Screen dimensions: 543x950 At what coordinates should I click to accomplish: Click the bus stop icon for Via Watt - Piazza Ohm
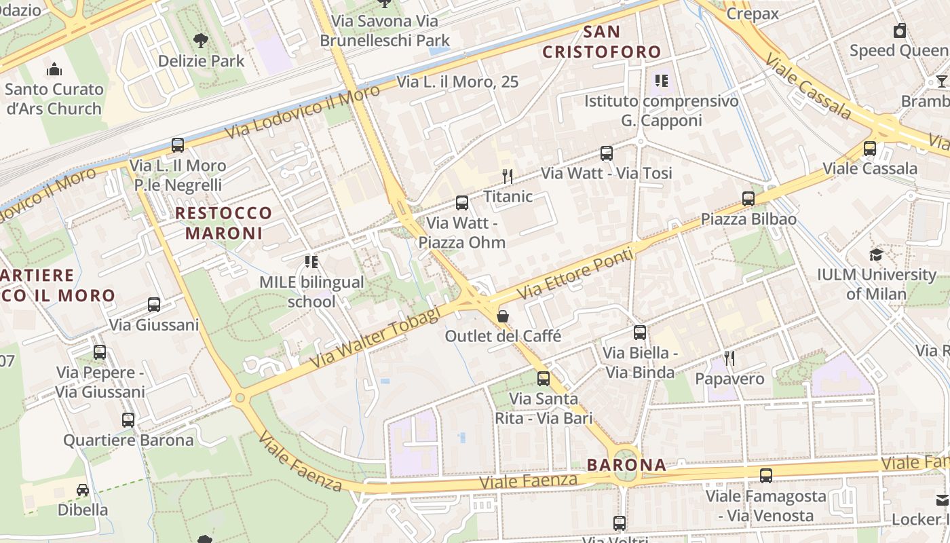pos(462,202)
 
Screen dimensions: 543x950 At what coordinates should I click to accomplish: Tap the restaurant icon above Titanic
pos(507,176)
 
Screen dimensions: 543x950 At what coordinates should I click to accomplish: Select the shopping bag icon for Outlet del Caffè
pos(503,316)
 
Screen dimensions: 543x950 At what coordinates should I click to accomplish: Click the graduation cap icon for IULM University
pos(877,255)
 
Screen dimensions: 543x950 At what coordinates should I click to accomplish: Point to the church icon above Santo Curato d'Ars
pos(54,69)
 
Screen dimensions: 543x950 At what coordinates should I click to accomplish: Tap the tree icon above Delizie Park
pos(200,41)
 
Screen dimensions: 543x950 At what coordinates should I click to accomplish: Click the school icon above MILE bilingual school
pos(311,262)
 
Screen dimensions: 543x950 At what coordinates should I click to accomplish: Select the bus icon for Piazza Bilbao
pos(748,199)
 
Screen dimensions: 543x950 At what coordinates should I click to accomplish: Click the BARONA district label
pos(626,465)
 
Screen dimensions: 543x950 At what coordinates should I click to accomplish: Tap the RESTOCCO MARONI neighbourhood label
pos(223,223)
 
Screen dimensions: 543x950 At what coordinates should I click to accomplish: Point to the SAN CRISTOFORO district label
pos(601,41)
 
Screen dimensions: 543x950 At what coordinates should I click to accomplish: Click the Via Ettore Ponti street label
pos(575,274)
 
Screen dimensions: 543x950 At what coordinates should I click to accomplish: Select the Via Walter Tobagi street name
pos(375,337)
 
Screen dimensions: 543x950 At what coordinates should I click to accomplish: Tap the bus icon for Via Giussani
pos(154,305)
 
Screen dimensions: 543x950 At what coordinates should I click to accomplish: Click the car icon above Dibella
pos(82,490)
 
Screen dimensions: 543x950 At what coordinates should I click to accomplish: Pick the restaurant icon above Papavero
pos(729,358)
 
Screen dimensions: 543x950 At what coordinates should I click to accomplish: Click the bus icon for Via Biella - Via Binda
pos(640,333)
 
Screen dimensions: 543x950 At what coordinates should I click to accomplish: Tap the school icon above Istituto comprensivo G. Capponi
pos(662,81)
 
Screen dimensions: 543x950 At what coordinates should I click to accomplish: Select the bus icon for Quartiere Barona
pos(128,419)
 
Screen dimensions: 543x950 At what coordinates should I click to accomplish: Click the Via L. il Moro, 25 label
pos(457,82)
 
